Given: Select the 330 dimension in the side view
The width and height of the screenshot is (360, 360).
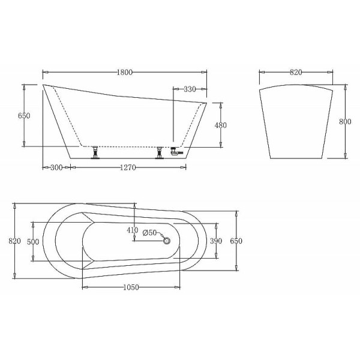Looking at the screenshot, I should [190, 89].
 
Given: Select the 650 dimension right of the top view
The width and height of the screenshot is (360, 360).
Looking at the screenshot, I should [236, 241].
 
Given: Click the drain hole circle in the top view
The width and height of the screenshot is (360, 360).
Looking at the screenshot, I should [167, 241].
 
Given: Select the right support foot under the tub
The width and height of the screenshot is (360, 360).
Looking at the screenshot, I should [160, 153].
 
